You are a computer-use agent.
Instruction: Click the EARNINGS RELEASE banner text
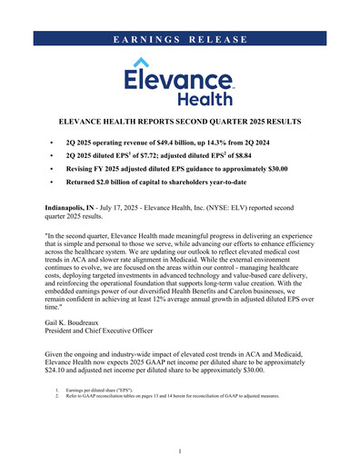(180, 39)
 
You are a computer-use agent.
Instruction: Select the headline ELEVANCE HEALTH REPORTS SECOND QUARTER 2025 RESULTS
(180, 122)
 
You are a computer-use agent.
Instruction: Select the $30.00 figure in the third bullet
(279, 169)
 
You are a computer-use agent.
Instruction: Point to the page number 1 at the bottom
(180, 450)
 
